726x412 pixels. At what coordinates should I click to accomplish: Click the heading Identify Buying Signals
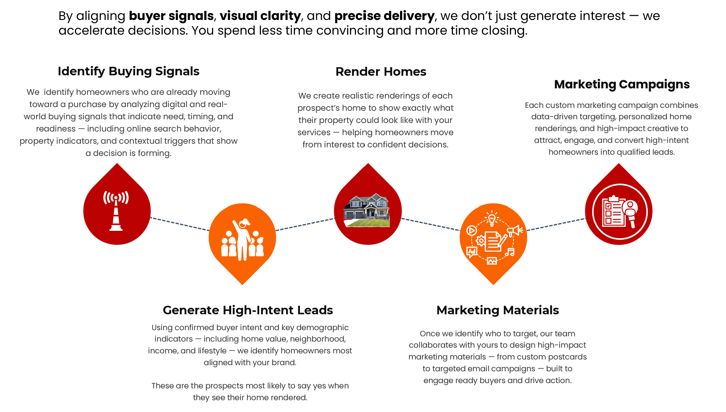(129, 71)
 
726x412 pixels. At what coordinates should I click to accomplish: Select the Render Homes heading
(380, 72)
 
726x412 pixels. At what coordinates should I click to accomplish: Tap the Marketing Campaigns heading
(622, 84)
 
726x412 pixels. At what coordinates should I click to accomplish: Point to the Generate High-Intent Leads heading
(248, 310)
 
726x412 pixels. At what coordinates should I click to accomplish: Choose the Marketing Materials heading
(497, 310)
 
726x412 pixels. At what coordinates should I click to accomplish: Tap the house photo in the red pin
(367, 210)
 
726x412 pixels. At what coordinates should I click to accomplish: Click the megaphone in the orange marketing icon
(515, 231)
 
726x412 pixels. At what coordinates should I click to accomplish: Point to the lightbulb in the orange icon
(492, 219)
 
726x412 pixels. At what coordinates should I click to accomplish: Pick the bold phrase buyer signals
(171, 16)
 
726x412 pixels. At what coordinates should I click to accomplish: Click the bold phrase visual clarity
(260, 16)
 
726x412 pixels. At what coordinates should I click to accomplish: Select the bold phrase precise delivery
(384, 16)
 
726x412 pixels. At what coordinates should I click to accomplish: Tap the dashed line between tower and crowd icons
(179, 224)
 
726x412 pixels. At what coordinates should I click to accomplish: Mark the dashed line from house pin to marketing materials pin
(431, 224)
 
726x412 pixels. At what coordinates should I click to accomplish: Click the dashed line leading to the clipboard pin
(556, 224)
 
